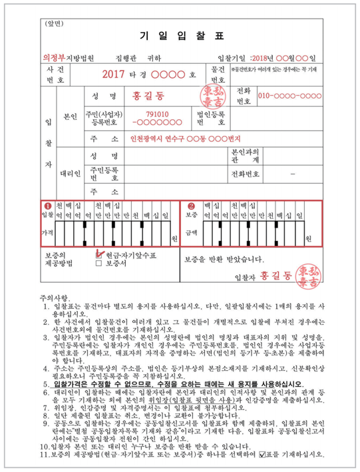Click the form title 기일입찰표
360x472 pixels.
(180, 36)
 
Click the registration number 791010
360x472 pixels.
(157, 114)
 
